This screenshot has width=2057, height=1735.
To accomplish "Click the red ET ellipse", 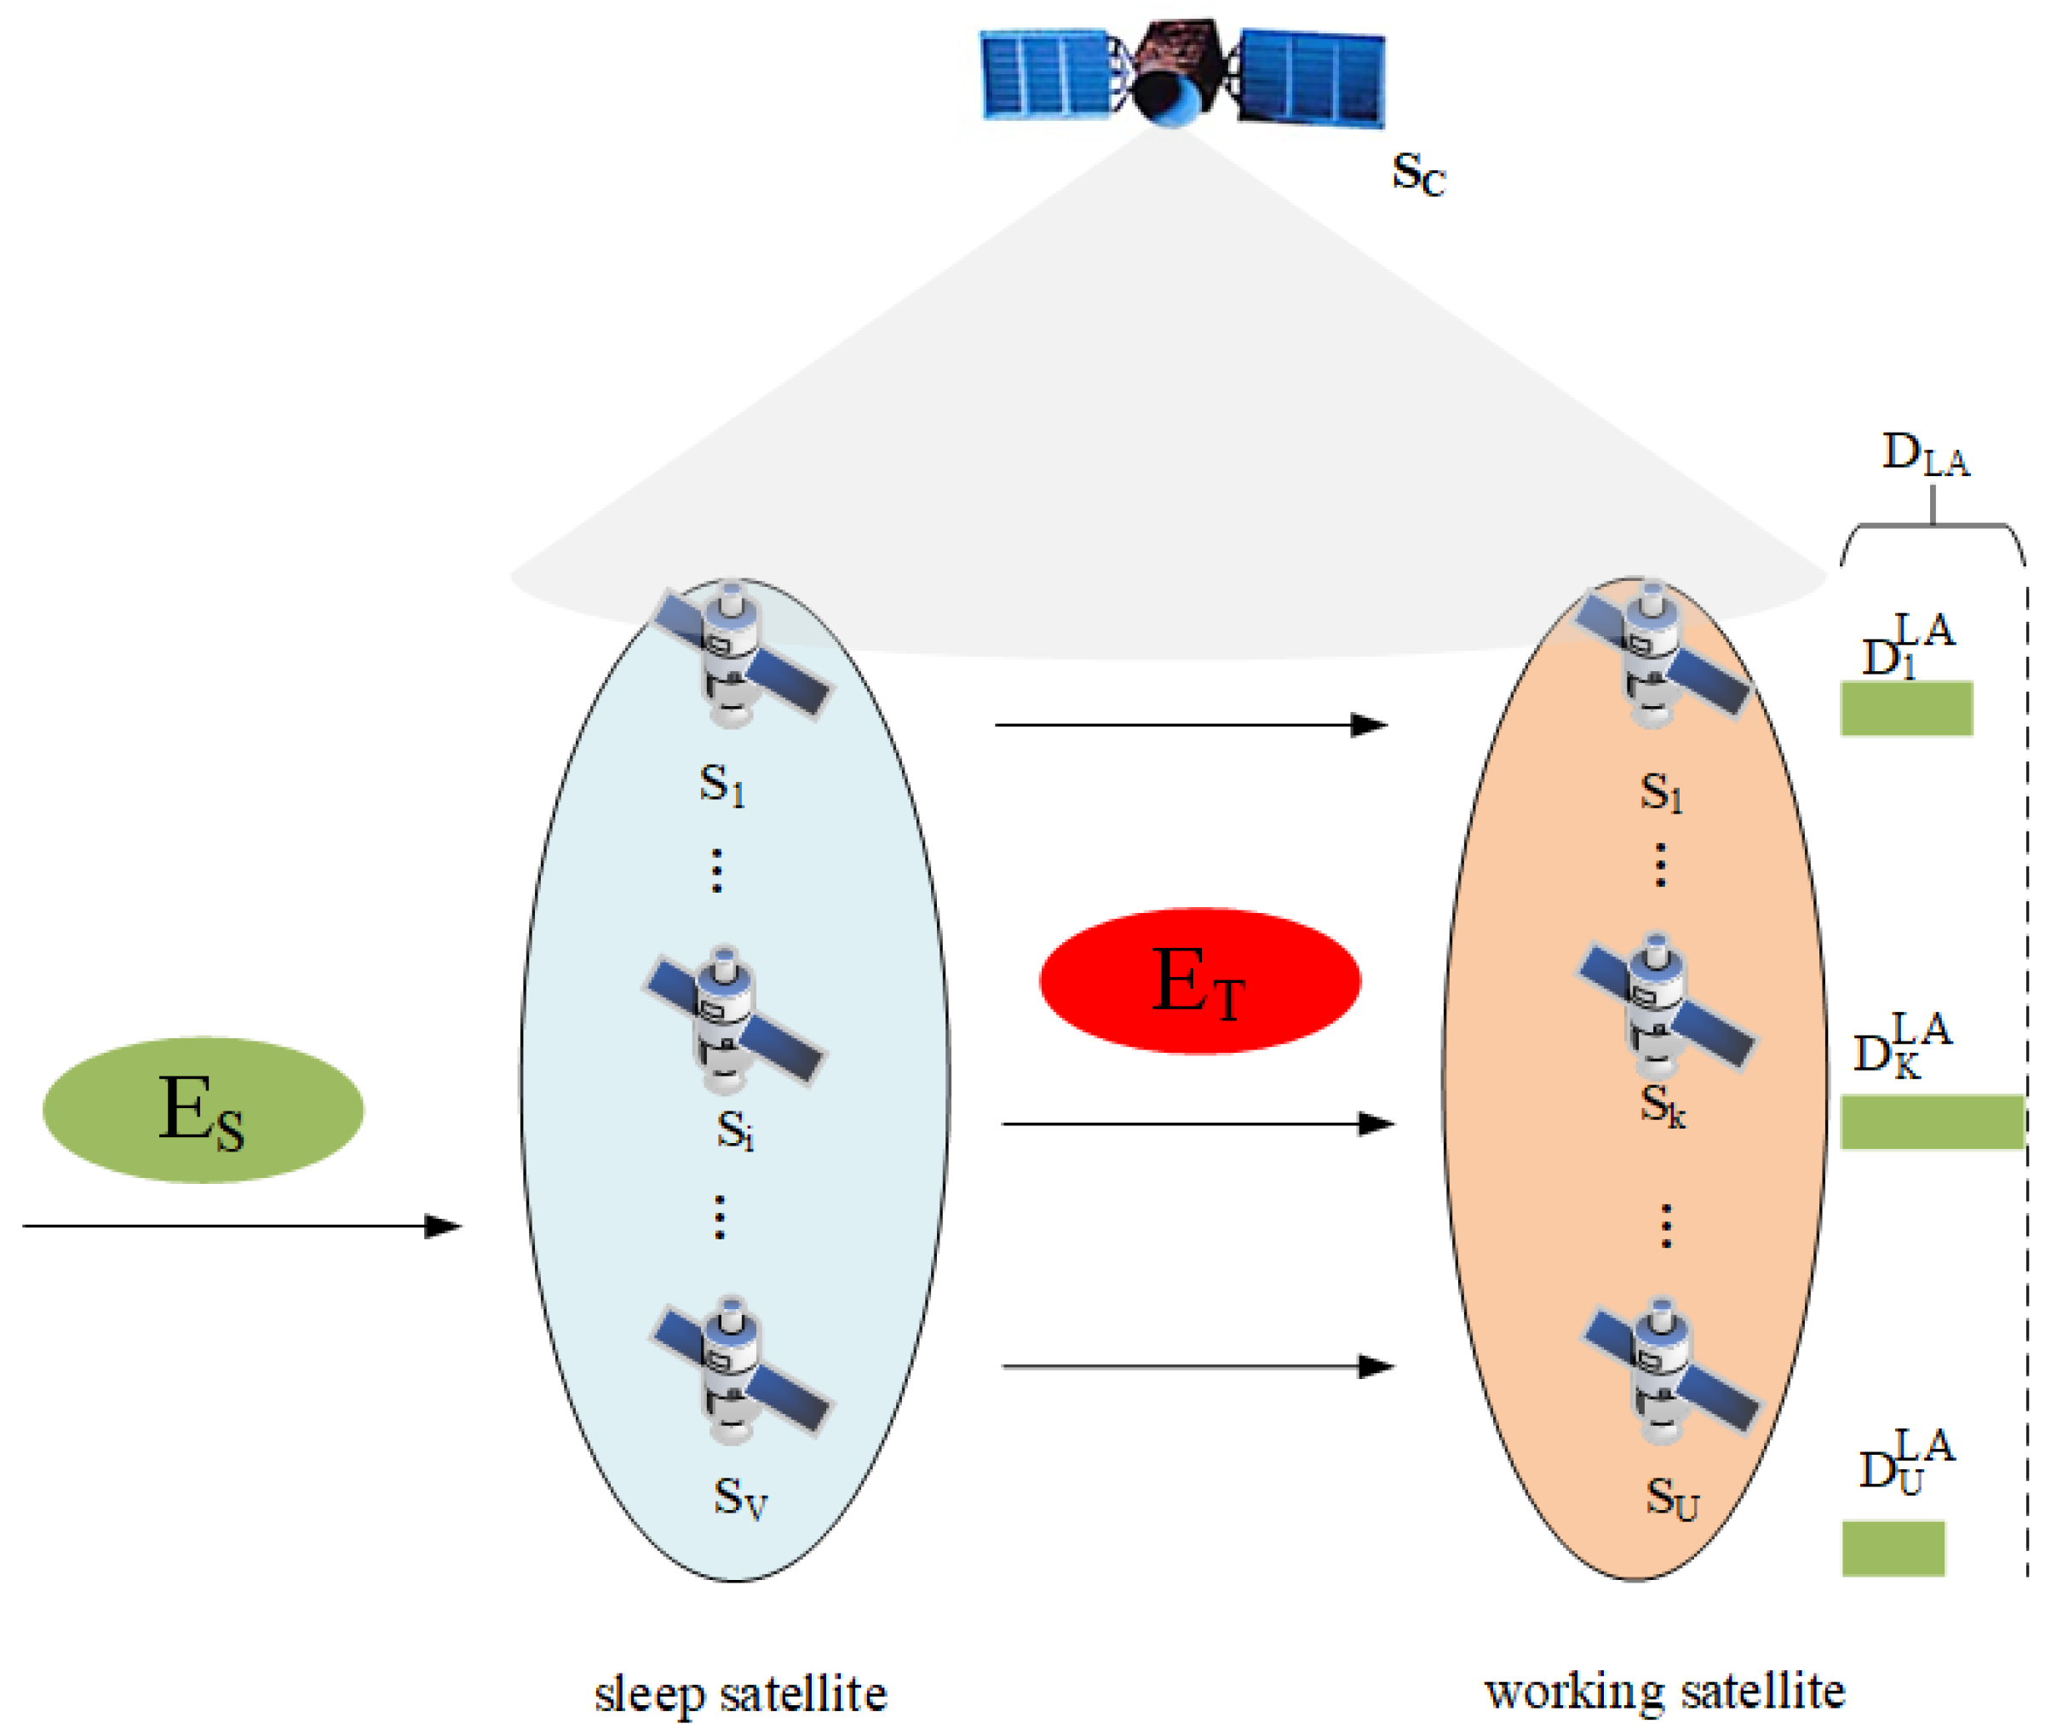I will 1199,980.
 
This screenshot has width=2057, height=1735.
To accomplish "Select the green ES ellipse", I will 203,1110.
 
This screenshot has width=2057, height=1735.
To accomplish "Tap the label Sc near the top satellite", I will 1417,174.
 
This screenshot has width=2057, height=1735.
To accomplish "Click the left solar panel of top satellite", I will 1045,74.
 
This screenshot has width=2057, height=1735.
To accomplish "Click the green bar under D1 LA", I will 1905,708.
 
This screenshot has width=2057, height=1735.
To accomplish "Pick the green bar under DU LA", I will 1892,1548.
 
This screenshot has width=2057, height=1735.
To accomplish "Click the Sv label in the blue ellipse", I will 740,1498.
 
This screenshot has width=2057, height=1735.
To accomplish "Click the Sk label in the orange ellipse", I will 1662,1106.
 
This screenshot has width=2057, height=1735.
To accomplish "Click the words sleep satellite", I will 740,1693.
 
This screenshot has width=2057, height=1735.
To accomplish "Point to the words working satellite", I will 1663,1692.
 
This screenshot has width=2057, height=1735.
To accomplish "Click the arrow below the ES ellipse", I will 241,1226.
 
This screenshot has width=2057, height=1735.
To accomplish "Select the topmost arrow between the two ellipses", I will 1190,725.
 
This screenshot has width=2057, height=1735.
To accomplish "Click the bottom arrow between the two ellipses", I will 1198,1366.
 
